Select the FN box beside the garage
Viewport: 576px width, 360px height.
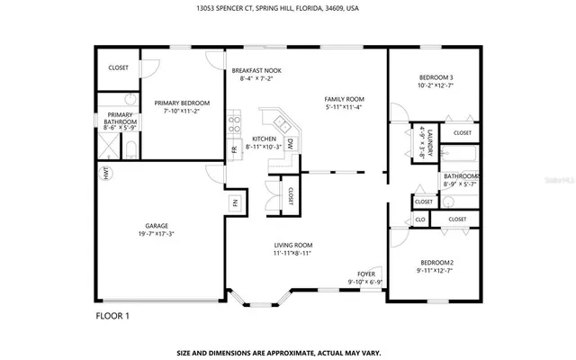tap(235, 202)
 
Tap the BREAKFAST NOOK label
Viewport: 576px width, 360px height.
tap(256, 70)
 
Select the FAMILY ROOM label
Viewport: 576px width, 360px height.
tap(344, 99)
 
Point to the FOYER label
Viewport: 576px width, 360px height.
tap(365, 274)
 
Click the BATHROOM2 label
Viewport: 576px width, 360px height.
tap(460, 176)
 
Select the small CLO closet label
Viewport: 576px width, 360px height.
tap(419, 219)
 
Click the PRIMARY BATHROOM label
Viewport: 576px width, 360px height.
tap(121, 119)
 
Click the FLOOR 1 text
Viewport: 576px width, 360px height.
tap(112, 316)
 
